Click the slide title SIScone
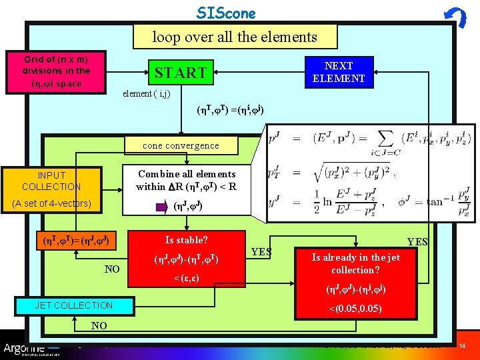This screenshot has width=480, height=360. [226, 13]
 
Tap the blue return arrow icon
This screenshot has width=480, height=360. [455, 17]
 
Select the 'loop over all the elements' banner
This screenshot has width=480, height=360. [235, 37]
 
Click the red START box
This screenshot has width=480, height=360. [181, 72]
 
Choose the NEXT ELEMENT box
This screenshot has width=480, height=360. [339, 72]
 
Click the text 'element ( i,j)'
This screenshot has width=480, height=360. [146, 94]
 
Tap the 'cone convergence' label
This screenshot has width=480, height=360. [181, 145]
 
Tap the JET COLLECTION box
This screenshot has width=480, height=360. [73, 305]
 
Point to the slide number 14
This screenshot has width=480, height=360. [463, 346]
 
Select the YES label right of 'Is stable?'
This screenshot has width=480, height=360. [262, 252]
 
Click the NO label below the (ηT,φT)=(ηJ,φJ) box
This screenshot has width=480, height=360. [112, 269]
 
